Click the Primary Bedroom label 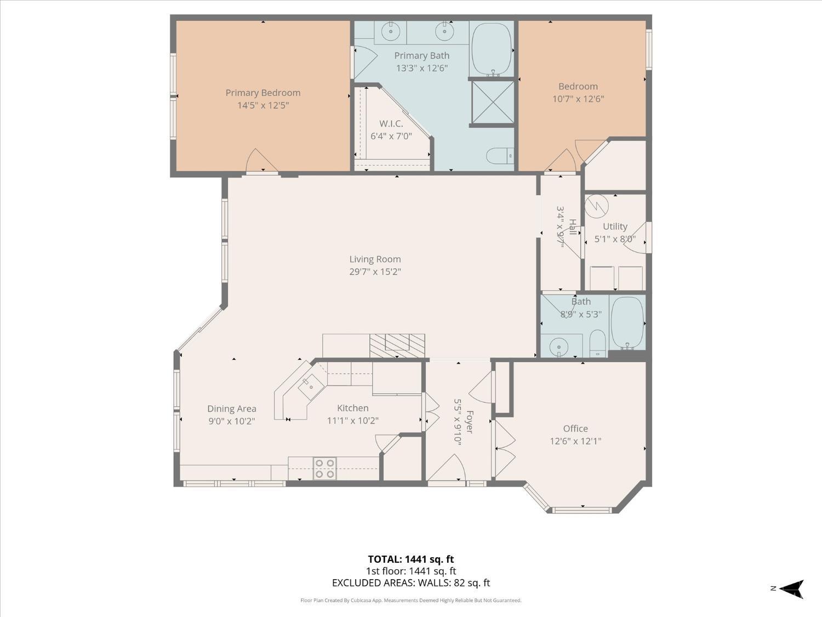point(262,93)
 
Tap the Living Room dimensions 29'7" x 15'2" point(375,271)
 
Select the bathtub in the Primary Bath point(491,48)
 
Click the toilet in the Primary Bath point(499,156)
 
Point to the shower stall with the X point(492,103)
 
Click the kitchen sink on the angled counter point(310,387)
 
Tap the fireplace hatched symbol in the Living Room point(397,346)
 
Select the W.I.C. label point(391,123)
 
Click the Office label point(575,428)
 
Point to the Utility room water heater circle point(596,206)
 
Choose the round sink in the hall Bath point(559,347)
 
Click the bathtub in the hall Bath point(627,323)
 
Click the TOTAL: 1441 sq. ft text point(410,559)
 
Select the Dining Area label point(231,409)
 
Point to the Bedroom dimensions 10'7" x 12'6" point(578,99)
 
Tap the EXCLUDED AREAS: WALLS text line point(410,583)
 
